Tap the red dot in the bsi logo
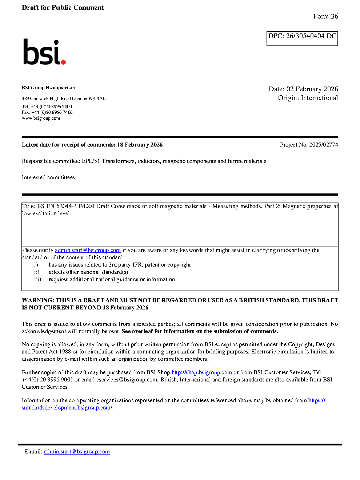pos(64,62)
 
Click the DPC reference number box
pos(302,39)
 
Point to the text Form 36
pos(325,16)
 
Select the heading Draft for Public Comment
pos(63,8)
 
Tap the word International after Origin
pos(319,98)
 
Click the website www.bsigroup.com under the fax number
pos(41,118)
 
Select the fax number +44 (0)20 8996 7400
pos(52,112)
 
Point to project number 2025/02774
pos(323,145)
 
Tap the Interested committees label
pos(49,177)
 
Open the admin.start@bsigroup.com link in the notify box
pos(88,250)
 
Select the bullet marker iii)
pos(38,279)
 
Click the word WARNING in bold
pos(38,300)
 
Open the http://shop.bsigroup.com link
pos(201,372)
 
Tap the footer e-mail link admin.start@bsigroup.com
pos(77,452)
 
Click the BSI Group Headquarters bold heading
pos(48,88)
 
